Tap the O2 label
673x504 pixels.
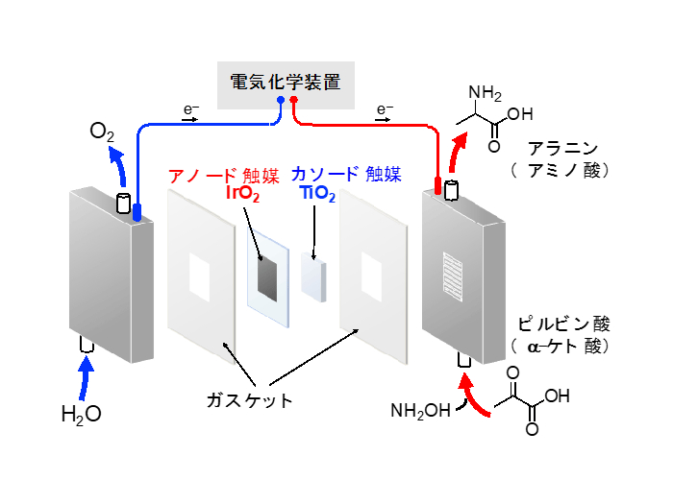click(x=103, y=132)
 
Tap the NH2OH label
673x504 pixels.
click(x=420, y=412)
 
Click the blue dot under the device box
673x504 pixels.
click(x=280, y=99)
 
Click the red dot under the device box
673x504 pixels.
click(x=294, y=99)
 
